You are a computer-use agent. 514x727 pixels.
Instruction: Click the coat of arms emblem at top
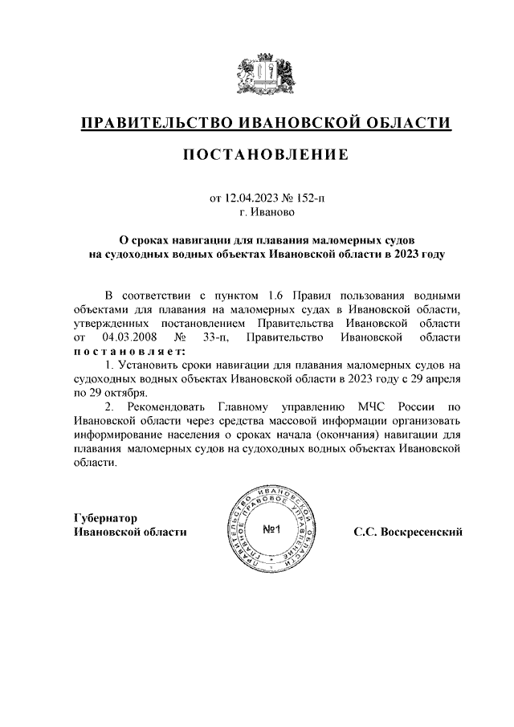pos(267,76)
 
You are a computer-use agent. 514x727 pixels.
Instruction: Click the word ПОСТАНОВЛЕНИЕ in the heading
pos(267,154)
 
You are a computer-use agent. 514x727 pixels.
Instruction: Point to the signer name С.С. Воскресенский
pos(408,531)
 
